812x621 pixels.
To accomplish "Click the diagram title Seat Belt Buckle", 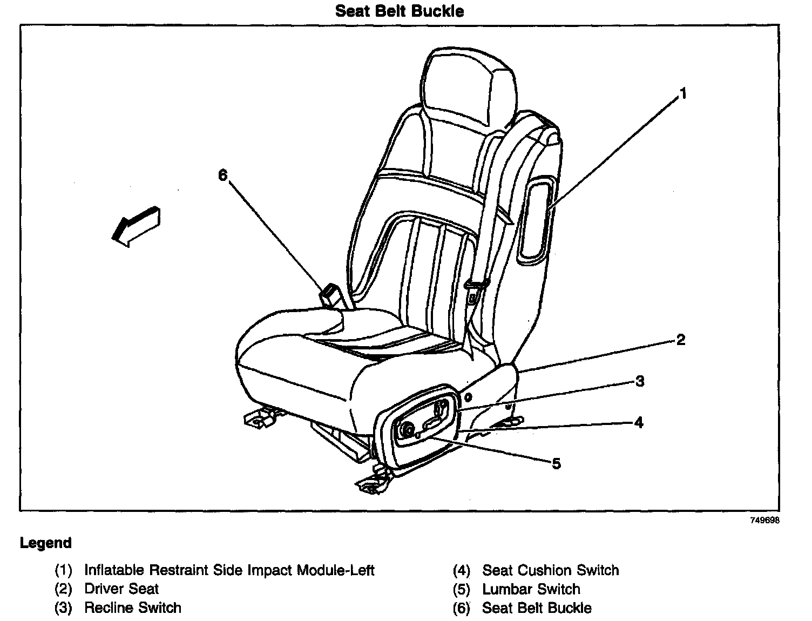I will pos(400,11).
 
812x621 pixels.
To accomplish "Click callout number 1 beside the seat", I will pos(683,94).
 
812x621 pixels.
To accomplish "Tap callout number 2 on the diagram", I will pos(680,340).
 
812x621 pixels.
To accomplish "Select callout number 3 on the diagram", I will pos(640,381).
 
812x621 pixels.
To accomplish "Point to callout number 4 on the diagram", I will pos(639,422).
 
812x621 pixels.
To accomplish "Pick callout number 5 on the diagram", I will pos(556,463).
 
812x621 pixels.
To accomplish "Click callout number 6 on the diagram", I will pos(223,175).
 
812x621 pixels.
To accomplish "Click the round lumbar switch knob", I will pos(407,430).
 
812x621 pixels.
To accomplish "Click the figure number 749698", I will pos(764,521).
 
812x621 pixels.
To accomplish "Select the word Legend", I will pos(46,543).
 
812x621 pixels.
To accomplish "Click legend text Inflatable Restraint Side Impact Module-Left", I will pos(229,570).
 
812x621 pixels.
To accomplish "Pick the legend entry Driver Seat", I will pos(121,589).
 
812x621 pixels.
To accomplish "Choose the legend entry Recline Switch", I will pos(133,607).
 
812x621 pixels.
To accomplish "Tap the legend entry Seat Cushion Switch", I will pos(551,570).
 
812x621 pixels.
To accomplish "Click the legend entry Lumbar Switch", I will pos(531,589).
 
